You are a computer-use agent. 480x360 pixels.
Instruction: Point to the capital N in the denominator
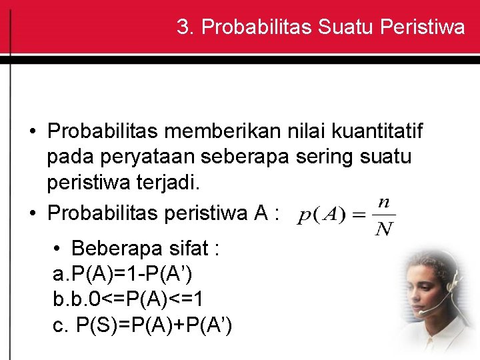coord(383,230)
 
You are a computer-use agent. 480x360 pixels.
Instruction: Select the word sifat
coord(190,249)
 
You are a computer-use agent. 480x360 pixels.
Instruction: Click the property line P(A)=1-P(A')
coord(123,274)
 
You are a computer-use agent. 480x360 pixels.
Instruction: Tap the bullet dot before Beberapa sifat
coord(59,249)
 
